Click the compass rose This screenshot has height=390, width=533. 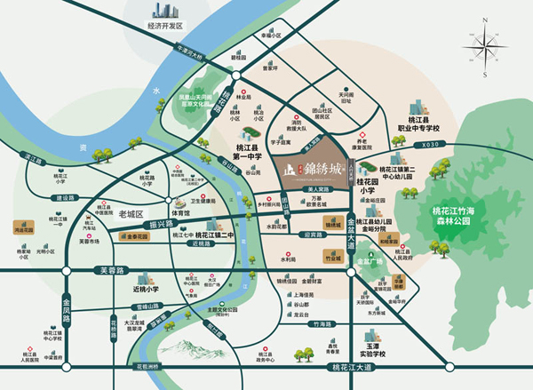491,47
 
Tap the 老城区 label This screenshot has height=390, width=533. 106,214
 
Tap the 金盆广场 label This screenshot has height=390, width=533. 369,261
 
